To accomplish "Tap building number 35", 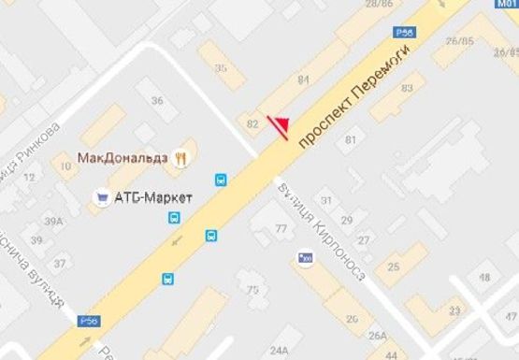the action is click(x=221, y=68).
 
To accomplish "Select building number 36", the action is click(x=157, y=101).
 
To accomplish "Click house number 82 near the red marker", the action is click(x=251, y=123).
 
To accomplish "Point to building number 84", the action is click(x=303, y=80).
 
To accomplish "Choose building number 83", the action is click(x=407, y=88).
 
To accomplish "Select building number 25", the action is click(x=394, y=267).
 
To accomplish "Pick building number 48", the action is click(x=484, y=278).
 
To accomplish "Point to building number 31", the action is click(x=327, y=200).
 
